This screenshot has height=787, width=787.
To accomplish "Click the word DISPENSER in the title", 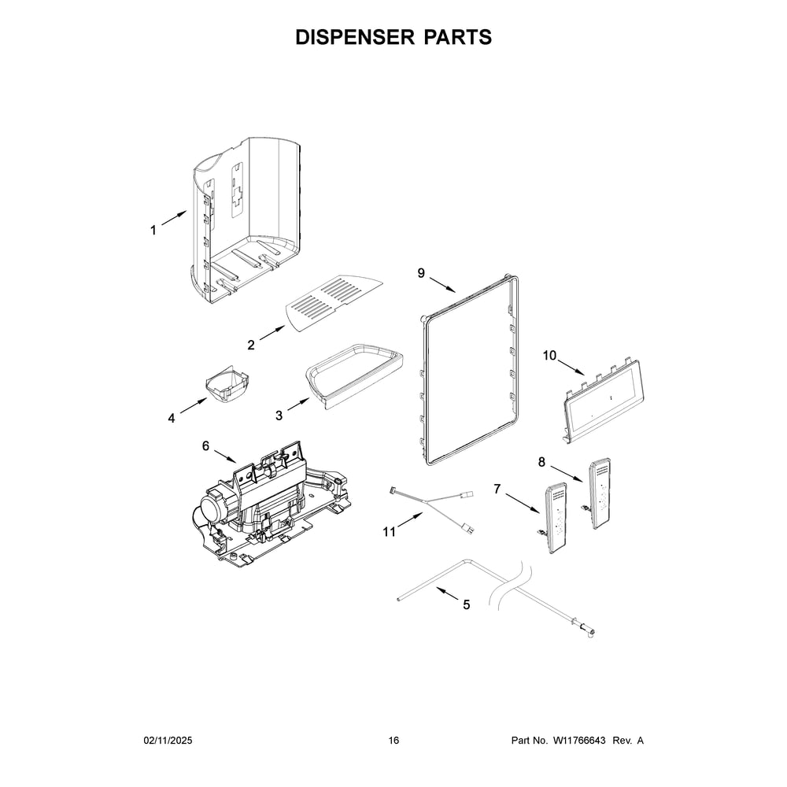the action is coord(355,37).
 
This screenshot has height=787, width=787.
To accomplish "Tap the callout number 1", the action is coord(153,231).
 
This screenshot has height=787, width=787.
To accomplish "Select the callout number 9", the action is coord(421,272).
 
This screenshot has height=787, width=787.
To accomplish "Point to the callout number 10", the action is coord(549,356).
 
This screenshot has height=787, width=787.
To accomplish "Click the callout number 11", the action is coord(390,532).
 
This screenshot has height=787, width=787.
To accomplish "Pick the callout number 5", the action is coord(466,604).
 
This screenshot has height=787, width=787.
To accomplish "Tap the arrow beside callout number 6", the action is coord(225,456).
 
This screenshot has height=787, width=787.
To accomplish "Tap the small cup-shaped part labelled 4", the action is coord(227,384).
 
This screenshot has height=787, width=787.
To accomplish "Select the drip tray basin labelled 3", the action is coord(354,375).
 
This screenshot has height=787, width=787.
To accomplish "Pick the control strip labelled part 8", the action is coord(600,493).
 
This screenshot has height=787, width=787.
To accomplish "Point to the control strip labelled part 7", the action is coord(556,518).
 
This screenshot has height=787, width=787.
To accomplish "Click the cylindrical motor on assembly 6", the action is coord(214,509).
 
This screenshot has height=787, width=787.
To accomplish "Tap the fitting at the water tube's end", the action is coord(587,630).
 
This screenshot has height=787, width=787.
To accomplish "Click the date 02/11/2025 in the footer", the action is coord(168,741).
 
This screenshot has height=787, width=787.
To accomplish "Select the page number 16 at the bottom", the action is coord(393,741).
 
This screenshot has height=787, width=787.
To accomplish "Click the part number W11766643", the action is coord(579,741).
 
